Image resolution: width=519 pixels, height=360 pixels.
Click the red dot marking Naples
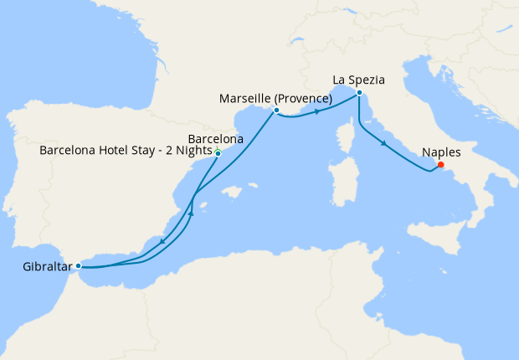(x=440, y=164)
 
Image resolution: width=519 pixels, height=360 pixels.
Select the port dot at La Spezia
(x=358, y=92)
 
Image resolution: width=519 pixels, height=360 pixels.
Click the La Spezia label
(x=358, y=80)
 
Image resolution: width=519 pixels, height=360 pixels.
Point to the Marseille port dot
(x=276, y=110)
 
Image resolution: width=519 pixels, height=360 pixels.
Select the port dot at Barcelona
(x=218, y=154)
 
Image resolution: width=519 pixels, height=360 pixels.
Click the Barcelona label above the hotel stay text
(x=216, y=138)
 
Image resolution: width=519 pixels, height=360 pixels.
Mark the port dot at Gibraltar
(x=78, y=265)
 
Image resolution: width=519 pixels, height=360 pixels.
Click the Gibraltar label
(x=47, y=268)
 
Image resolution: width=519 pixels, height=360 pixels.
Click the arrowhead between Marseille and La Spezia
(x=318, y=111)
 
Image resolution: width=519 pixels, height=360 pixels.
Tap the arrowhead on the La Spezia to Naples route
(x=384, y=144)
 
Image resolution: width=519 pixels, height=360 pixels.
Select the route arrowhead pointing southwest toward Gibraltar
(x=160, y=244)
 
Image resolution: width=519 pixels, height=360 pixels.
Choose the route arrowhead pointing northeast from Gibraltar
(x=191, y=213)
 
